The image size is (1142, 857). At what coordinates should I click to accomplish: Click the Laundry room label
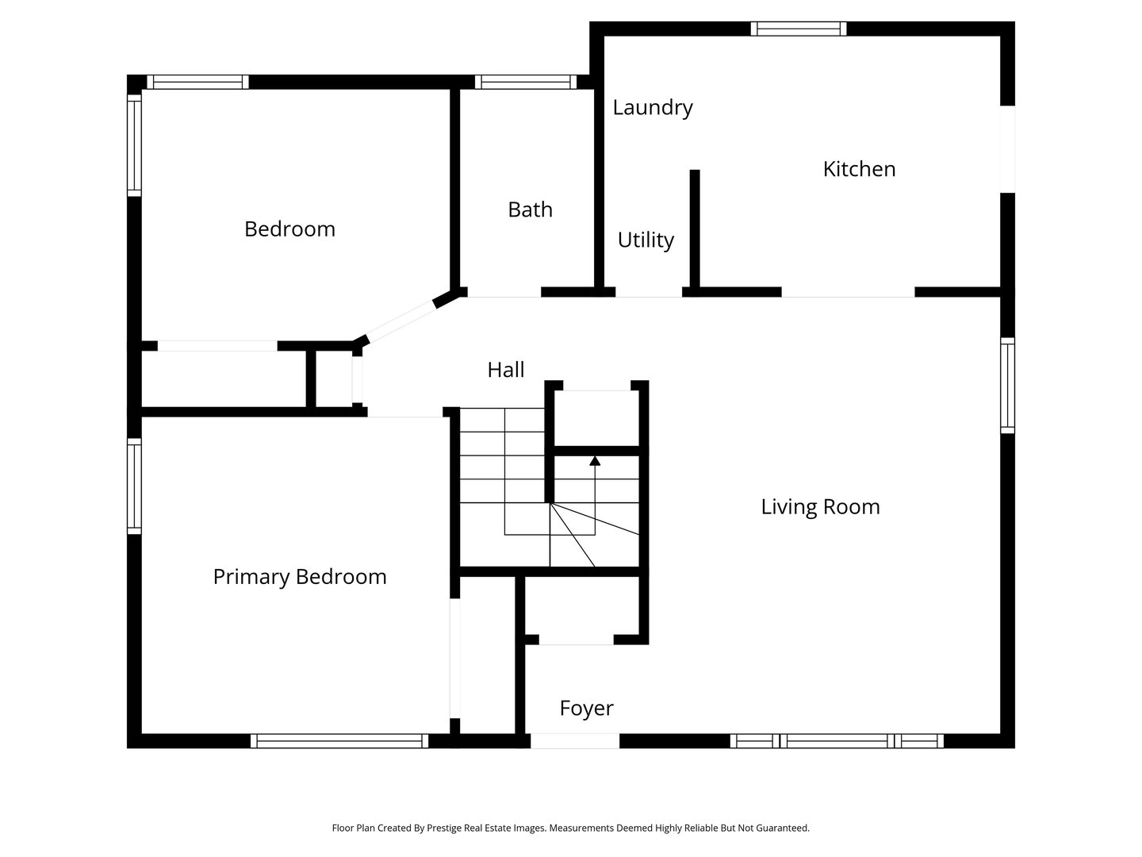pyautogui.click(x=653, y=108)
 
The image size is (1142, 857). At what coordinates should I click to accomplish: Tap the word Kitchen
pyautogui.click(x=859, y=169)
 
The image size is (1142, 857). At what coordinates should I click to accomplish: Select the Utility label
pyautogui.click(x=646, y=240)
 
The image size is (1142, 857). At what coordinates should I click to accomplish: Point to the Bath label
pyautogui.click(x=530, y=209)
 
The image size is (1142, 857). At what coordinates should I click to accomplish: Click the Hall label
pyautogui.click(x=506, y=370)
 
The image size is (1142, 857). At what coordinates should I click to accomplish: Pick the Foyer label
pyautogui.click(x=586, y=709)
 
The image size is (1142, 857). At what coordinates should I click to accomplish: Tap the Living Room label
pyautogui.click(x=820, y=507)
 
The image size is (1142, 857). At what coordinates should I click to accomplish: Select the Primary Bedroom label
pyautogui.click(x=300, y=577)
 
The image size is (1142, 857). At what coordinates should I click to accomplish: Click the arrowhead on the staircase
pyautogui.click(x=595, y=461)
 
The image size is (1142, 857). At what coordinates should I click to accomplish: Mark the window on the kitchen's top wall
pyautogui.click(x=798, y=29)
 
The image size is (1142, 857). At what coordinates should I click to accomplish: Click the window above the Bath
pyautogui.click(x=526, y=83)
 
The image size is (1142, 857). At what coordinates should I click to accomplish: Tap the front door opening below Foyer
pyautogui.click(x=574, y=740)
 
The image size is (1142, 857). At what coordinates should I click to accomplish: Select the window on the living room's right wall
pyautogui.click(x=1007, y=386)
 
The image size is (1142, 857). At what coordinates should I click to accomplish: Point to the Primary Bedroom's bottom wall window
pyautogui.click(x=339, y=741)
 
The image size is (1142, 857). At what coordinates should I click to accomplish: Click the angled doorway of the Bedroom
pyautogui.click(x=401, y=321)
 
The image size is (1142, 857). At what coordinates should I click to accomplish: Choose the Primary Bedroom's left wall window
pyautogui.click(x=134, y=486)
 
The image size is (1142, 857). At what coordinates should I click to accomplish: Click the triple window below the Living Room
pyautogui.click(x=837, y=741)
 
